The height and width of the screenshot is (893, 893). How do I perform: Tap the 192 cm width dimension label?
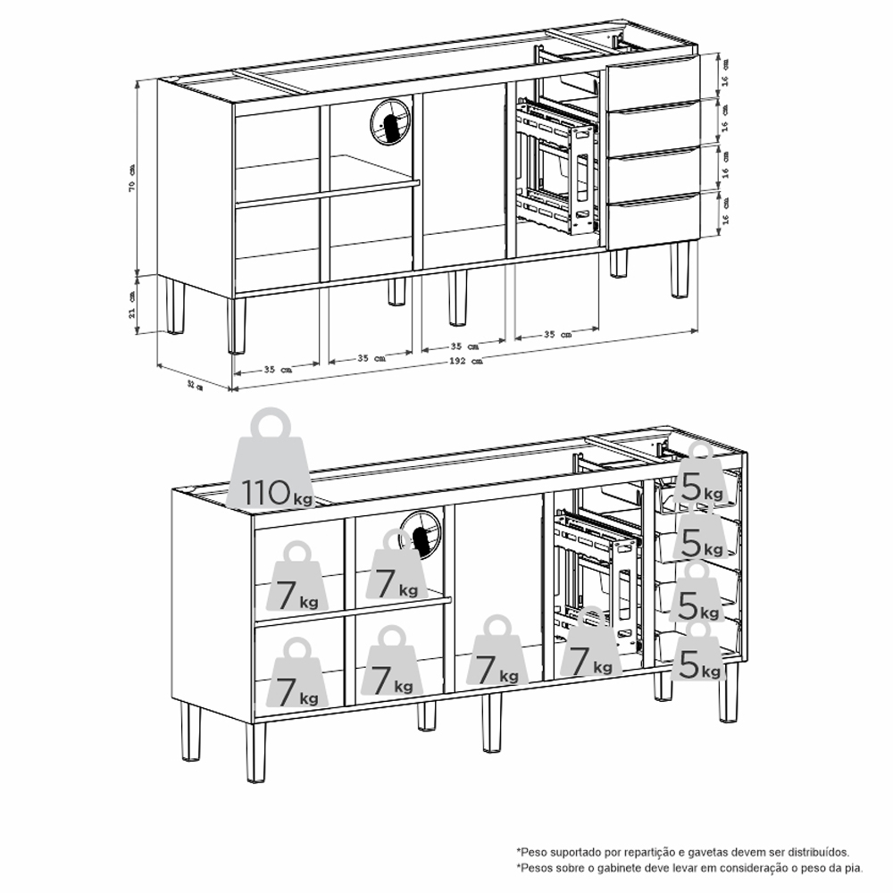click(x=466, y=361)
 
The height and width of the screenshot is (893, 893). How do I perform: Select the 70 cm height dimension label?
click(x=132, y=179)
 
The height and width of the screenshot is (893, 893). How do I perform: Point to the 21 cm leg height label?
click(x=132, y=305)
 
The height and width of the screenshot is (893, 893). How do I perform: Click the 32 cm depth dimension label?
click(x=195, y=386)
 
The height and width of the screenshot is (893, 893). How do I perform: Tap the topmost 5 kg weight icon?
click(x=700, y=476)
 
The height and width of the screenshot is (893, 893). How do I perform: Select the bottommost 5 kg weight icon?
click(x=699, y=652)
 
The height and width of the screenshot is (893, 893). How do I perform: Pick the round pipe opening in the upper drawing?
click(x=390, y=121)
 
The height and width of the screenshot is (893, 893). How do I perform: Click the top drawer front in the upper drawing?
click(x=654, y=83)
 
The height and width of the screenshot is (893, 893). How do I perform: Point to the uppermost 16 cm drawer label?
click(x=724, y=73)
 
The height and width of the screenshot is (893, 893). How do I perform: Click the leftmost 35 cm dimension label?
click(x=278, y=370)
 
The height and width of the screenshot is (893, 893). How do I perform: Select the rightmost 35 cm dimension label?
click(x=557, y=334)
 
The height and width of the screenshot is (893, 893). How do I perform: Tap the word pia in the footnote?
click(x=855, y=869)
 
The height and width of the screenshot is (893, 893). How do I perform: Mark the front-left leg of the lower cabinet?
click(x=255, y=753)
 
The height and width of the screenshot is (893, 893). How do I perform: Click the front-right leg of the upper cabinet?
click(x=680, y=270)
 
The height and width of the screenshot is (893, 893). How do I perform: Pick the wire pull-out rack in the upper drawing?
click(x=555, y=166)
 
